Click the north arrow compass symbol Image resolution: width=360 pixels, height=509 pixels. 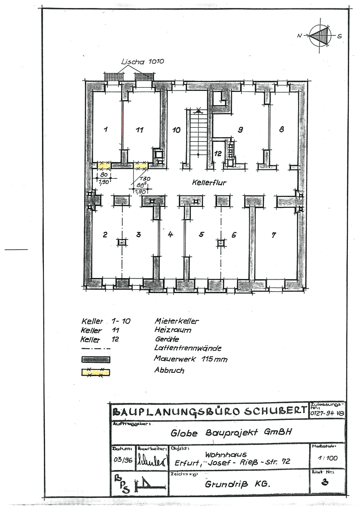(x=320, y=35)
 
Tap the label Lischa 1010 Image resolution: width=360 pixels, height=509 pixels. (x=142, y=62)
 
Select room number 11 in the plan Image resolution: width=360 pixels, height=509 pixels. (x=139, y=130)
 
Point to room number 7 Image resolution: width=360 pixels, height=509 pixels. (x=274, y=235)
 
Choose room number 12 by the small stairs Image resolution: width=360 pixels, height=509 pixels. (x=218, y=153)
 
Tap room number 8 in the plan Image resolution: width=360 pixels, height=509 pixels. (x=282, y=129)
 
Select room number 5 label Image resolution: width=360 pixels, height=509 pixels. (x=201, y=234)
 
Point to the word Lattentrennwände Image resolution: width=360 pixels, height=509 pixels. (x=188, y=348)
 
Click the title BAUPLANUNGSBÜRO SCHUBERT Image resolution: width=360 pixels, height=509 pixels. (x=209, y=411)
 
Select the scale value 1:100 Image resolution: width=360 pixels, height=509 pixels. (x=327, y=458)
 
